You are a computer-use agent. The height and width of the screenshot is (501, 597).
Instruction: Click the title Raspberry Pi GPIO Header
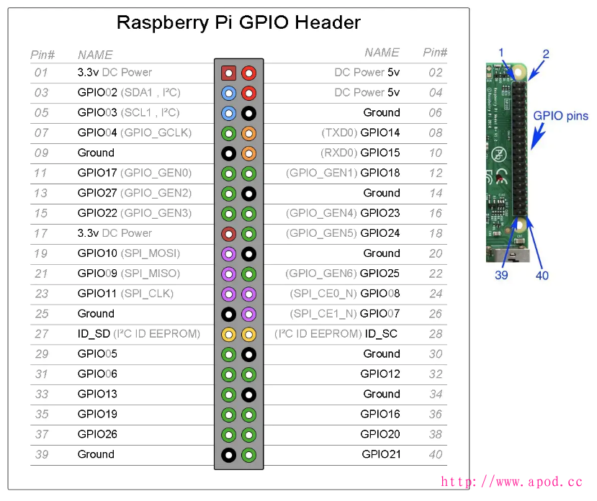238,22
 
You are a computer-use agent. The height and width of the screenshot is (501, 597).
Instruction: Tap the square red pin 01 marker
229,73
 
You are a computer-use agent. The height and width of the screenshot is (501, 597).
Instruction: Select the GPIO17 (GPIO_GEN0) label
135,173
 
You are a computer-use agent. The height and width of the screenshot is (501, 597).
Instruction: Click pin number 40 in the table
435,454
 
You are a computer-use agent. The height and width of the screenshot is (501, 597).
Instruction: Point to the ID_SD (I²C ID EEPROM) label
138,333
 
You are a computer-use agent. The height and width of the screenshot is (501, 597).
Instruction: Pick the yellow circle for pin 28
248,334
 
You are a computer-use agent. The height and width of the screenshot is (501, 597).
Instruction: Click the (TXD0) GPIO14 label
360,132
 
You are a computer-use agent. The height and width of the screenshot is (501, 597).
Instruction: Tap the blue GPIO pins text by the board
560,115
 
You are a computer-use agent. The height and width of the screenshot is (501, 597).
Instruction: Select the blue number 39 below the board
502,275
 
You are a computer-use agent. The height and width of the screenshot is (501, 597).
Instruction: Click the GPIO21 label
381,454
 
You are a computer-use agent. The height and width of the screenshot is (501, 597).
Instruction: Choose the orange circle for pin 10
248,153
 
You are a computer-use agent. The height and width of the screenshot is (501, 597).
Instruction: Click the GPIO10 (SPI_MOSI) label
129,253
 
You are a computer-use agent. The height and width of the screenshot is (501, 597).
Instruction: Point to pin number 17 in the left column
41,233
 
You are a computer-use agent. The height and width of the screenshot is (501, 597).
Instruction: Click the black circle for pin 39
229,454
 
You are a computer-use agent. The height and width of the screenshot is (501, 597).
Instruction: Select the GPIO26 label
97,434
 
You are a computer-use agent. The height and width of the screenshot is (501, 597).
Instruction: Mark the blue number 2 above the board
546,54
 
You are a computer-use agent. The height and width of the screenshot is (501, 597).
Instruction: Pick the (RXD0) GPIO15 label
360,153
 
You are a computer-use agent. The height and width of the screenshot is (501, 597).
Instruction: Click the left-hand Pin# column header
42,55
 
